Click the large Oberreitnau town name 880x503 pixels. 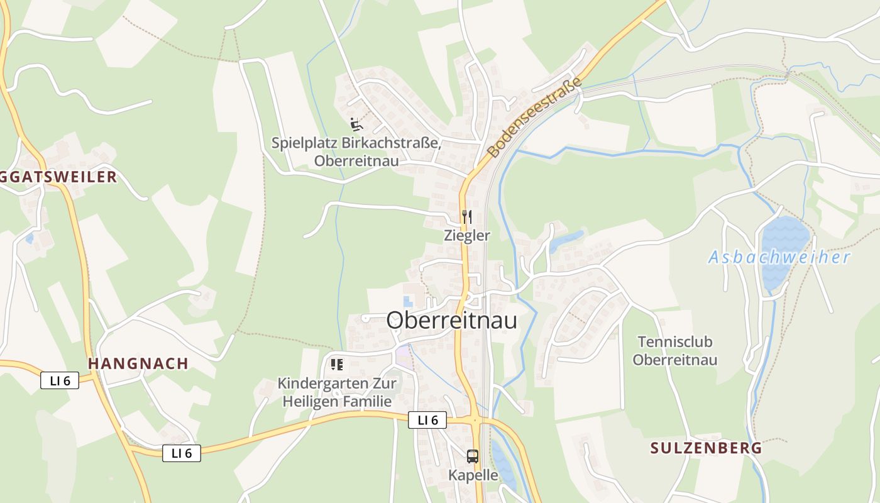coord(451,320)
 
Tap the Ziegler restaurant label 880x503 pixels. coord(466,236)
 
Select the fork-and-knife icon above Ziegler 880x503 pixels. coord(466,217)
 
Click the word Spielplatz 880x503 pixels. coord(304,143)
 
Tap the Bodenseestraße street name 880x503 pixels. coord(535,118)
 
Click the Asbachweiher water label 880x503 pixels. coord(779,257)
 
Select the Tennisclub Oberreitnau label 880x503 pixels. coord(674,351)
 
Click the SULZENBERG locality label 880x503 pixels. coord(706,448)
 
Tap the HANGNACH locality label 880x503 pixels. coord(138,363)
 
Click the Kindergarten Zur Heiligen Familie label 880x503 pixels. coord(337,392)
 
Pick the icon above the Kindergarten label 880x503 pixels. coord(337,364)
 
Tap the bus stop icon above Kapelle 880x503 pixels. coord(473,456)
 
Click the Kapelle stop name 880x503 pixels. coord(473,475)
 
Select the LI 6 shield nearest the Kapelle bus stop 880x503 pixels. coord(427,420)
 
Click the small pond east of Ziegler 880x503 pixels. coord(567,240)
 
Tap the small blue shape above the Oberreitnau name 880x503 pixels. coord(408,301)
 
